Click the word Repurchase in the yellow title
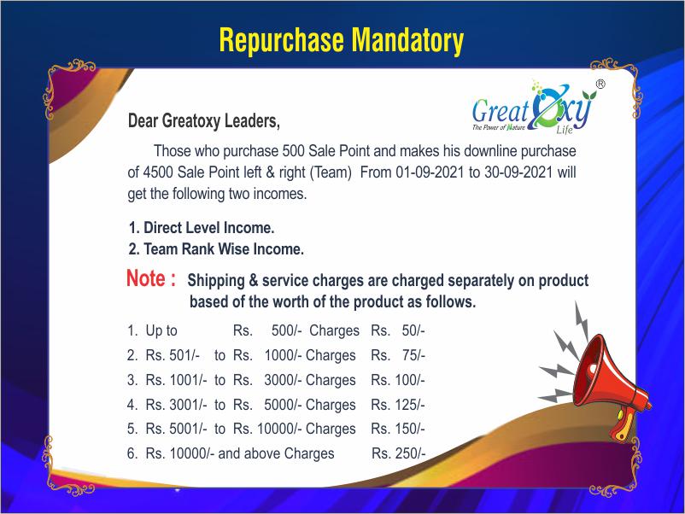(x=281, y=41)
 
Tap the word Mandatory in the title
(x=407, y=41)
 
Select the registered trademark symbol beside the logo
(x=600, y=84)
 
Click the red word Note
(x=146, y=278)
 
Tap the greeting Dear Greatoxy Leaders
(x=203, y=121)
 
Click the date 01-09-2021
(x=430, y=172)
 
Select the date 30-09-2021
(x=518, y=172)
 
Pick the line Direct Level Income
(x=202, y=227)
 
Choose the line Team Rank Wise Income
(x=216, y=249)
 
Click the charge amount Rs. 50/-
(x=397, y=330)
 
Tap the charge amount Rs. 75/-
(x=397, y=355)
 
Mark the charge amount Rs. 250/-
(x=398, y=453)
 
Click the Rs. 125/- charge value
(x=397, y=405)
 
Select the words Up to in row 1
(x=161, y=331)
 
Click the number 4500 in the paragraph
(x=158, y=172)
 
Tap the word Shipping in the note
(x=216, y=281)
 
